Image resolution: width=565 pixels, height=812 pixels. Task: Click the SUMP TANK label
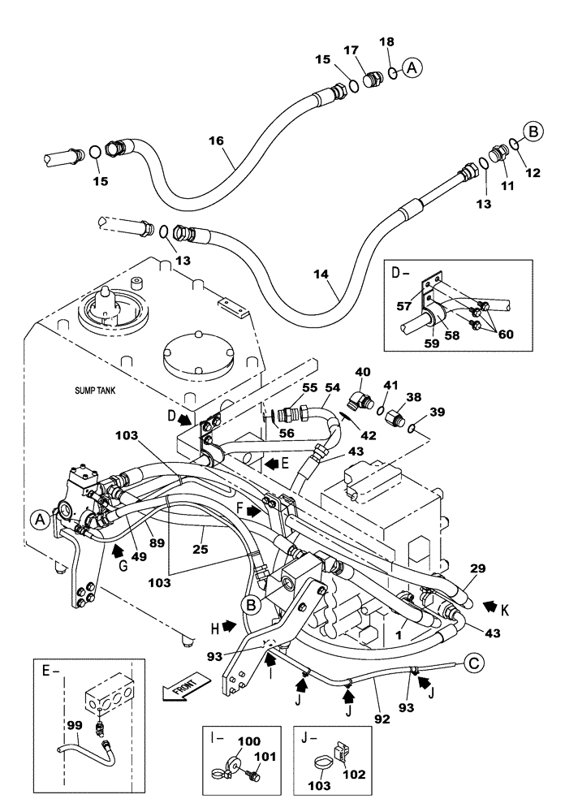coord(92,391)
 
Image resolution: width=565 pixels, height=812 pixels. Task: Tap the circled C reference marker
coord(475,664)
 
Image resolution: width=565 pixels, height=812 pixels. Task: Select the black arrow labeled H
coord(228,627)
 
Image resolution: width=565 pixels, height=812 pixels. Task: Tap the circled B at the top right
coord(533,129)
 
